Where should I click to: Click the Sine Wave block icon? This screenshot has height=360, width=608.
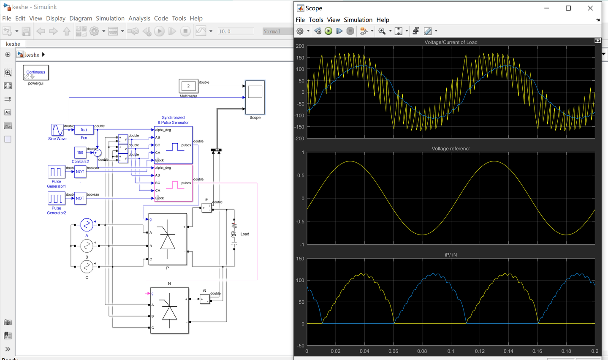point(57,130)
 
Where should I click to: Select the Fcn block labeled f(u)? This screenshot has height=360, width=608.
point(84,130)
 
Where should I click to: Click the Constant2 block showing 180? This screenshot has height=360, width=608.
point(80,153)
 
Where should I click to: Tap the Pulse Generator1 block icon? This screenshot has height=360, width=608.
point(56,172)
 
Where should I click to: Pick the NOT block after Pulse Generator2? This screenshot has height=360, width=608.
point(80,198)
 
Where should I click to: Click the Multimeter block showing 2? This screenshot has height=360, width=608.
point(188,86)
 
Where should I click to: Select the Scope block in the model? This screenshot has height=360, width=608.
point(255,97)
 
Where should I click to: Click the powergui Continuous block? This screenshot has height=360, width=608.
point(36,73)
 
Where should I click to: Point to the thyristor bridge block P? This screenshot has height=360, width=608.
point(168,239)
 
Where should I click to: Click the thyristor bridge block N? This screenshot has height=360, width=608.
point(169,311)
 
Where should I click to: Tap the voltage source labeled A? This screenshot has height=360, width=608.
point(87,224)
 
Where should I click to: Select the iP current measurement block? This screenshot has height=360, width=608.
point(206,208)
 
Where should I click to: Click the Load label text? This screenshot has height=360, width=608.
point(245,234)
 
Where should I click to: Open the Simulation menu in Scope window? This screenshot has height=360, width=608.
point(358,20)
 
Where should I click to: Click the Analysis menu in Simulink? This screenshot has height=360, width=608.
point(139,19)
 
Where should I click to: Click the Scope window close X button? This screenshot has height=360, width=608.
point(590,8)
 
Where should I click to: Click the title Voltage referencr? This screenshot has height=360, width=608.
point(451,149)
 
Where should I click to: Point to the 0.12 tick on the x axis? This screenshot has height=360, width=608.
point(480,351)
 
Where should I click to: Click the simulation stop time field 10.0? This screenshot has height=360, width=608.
point(236,31)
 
